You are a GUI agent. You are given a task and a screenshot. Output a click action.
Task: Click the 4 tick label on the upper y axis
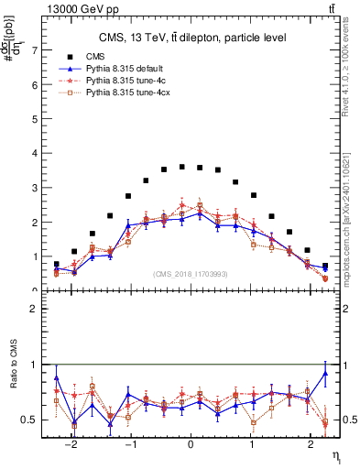(35, 154)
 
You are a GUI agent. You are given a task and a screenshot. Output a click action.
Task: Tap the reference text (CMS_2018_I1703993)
(191, 274)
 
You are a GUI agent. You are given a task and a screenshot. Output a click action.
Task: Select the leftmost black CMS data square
(56, 264)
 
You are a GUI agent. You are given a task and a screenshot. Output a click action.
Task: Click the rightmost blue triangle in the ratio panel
(325, 373)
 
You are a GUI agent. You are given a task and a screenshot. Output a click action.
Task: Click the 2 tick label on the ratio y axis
(35, 310)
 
